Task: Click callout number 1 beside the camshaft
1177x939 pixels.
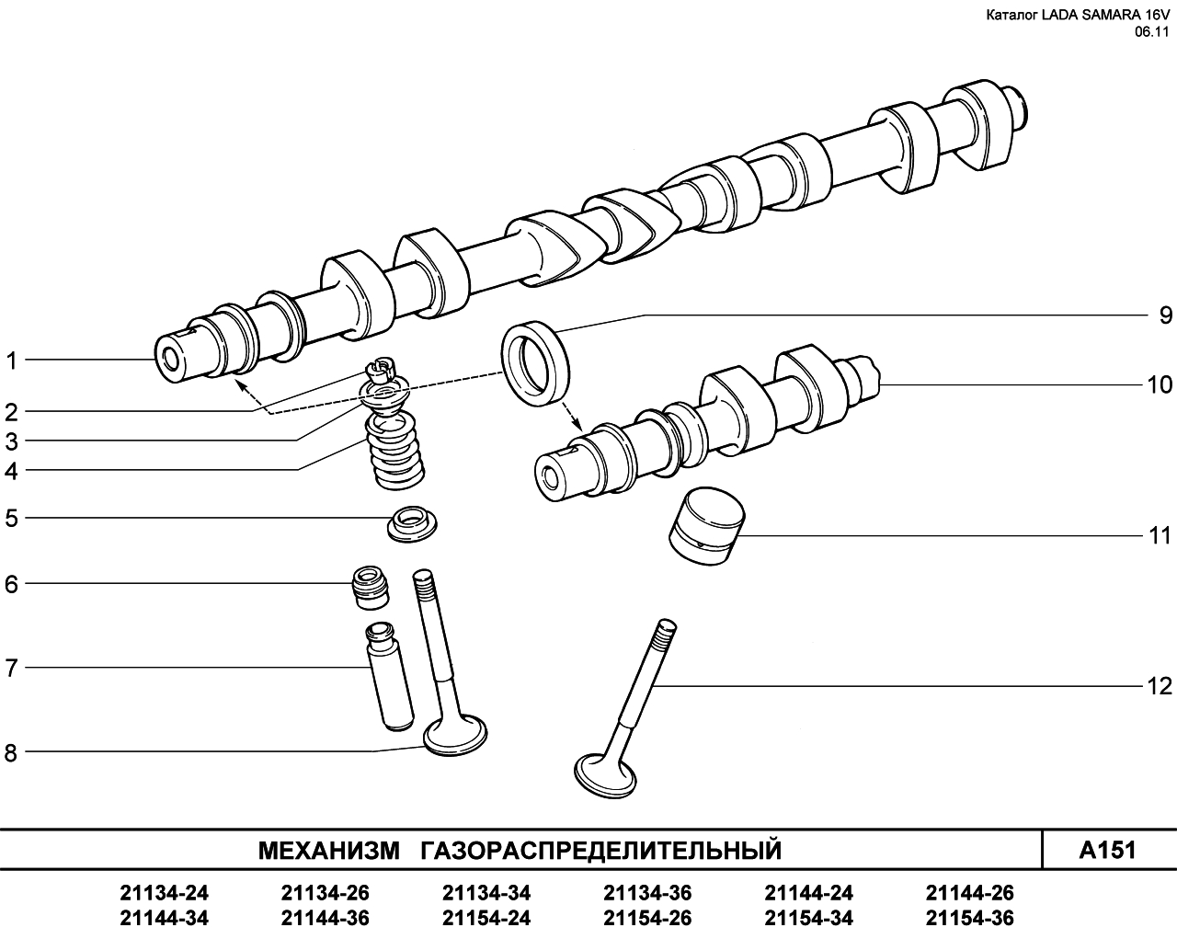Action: pyautogui.click(x=12, y=361)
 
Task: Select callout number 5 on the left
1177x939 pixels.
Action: pyautogui.click(x=11, y=518)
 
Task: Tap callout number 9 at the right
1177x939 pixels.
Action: pyautogui.click(x=1166, y=315)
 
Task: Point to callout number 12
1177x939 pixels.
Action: pyautogui.click(x=1160, y=686)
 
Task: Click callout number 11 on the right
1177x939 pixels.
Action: pyautogui.click(x=1160, y=535)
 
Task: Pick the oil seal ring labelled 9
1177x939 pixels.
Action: pyautogui.click(x=535, y=363)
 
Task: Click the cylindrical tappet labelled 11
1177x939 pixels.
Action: pyautogui.click(x=706, y=526)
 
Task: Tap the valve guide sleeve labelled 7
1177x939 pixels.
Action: pyautogui.click(x=388, y=676)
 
